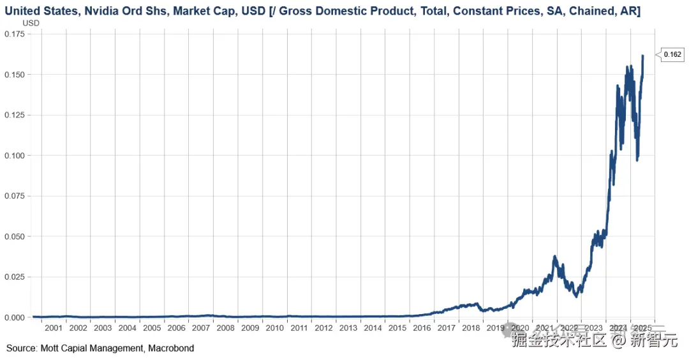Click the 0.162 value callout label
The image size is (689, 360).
click(672, 55)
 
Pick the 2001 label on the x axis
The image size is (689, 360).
click(54, 328)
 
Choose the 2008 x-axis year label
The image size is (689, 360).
click(225, 328)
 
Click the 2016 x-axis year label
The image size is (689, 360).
click(422, 328)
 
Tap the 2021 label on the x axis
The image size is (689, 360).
click(544, 328)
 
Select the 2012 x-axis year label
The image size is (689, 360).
click(323, 328)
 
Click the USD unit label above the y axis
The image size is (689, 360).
click(31, 22)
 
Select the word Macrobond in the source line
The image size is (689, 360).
click(173, 349)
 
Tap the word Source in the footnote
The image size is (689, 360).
click(22, 349)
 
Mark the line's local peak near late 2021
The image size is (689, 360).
click(555, 257)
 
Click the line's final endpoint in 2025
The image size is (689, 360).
click(643, 56)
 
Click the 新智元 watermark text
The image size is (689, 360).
click(654, 340)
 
